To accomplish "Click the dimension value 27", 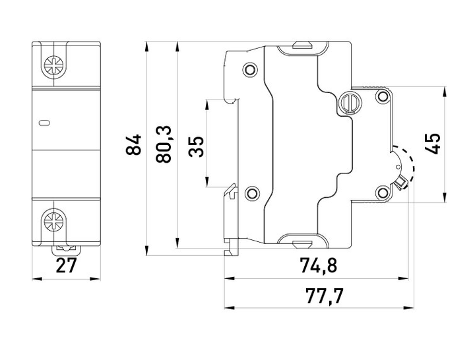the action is pyautogui.click(x=67, y=266).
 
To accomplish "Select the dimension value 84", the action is pyautogui.click(x=133, y=145).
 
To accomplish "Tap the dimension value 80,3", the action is pyautogui.click(x=164, y=145).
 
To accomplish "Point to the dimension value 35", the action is pyautogui.click(x=196, y=146).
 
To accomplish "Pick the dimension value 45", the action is pyautogui.click(x=432, y=144).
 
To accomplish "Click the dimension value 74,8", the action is pyautogui.click(x=318, y=265).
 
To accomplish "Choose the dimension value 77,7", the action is pyautogui.click(x=325, y=296).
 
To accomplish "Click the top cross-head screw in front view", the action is pyautogui.click(x=54, y=65).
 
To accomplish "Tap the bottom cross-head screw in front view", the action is pyautogui.click(x=54, y=220).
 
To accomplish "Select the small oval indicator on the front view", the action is pyautogui.click(x=44, y=123).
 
